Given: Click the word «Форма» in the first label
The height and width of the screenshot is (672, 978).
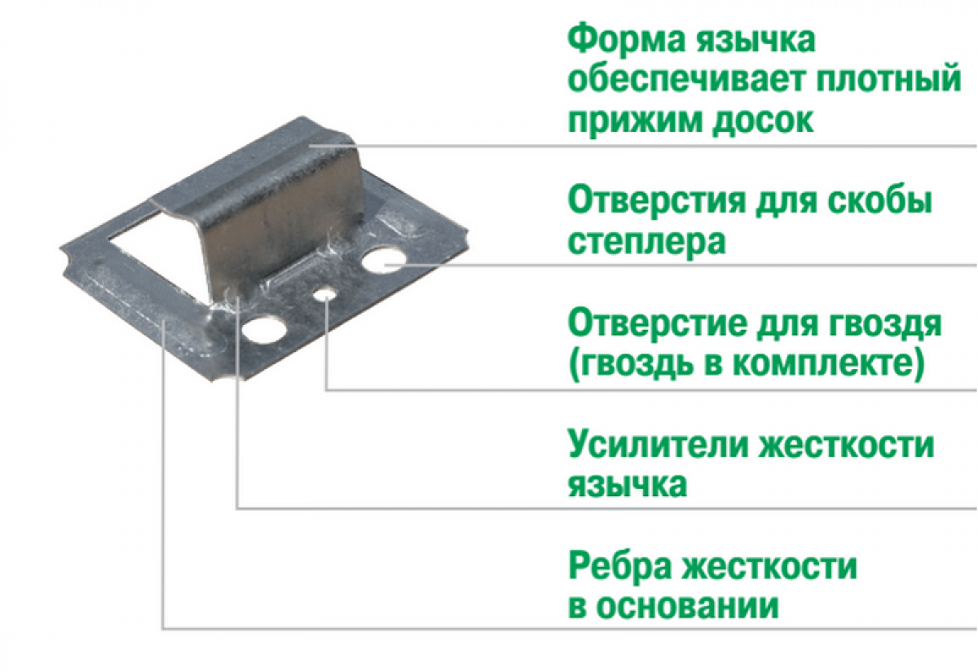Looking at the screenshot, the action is (x=627, y=40).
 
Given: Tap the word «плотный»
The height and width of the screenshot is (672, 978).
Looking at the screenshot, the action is (x=889, y=80).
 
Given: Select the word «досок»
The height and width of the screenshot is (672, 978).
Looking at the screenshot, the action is (x=763, y=121).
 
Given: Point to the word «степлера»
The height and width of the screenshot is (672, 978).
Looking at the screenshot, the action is (x=646, y=243).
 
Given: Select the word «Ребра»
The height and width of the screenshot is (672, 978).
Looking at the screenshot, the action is (x=619, y=568).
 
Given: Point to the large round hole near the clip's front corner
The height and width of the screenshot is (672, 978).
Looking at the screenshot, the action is (x=264, y=331).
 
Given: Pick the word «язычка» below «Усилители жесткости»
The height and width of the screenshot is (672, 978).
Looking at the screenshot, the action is (x=628, y=485).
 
